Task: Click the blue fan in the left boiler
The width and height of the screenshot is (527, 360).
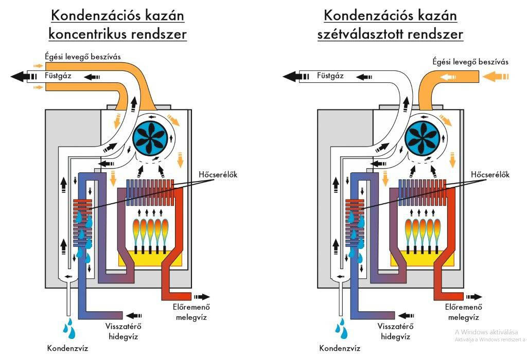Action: pyautogui.click(x=150, y=137)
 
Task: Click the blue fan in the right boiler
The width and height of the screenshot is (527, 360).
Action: pyautogui.click(x=423, y=137)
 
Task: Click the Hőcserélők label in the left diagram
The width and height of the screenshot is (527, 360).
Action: pyautogui.click(x=217, y=175)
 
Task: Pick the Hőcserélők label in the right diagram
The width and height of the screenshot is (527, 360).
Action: pyautogui.click(x=489, y=175)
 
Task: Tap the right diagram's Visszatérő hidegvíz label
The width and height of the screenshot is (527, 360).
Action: pyautogui.click(x=395, y=331)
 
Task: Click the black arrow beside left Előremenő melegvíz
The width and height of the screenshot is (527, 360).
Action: pyautogui.click(x=201, y=297)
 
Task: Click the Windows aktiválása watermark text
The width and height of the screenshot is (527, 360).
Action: pyautogui.click(x=486, y=332)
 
